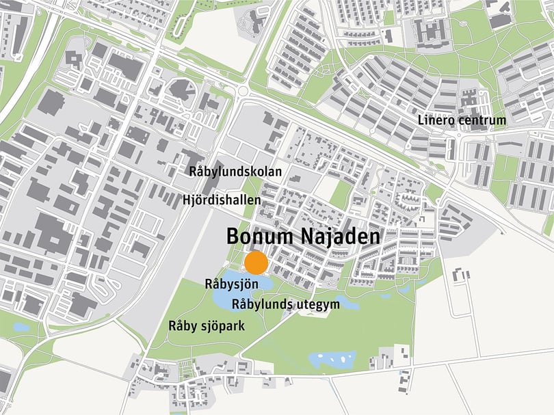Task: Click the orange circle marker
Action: tap(256, 263)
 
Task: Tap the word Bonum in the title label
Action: tap(260, 237)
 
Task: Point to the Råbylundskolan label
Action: tap(235, 172)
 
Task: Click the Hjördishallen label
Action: tap(222, 200)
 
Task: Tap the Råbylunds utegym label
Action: tap(286, 304)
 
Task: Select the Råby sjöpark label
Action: tap(207, 326)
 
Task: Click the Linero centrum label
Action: tap(462, 120)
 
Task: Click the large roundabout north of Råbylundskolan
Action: tap(246, 90)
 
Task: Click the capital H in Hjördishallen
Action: tap(187, 200)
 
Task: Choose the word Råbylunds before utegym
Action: tap(259, 304)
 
